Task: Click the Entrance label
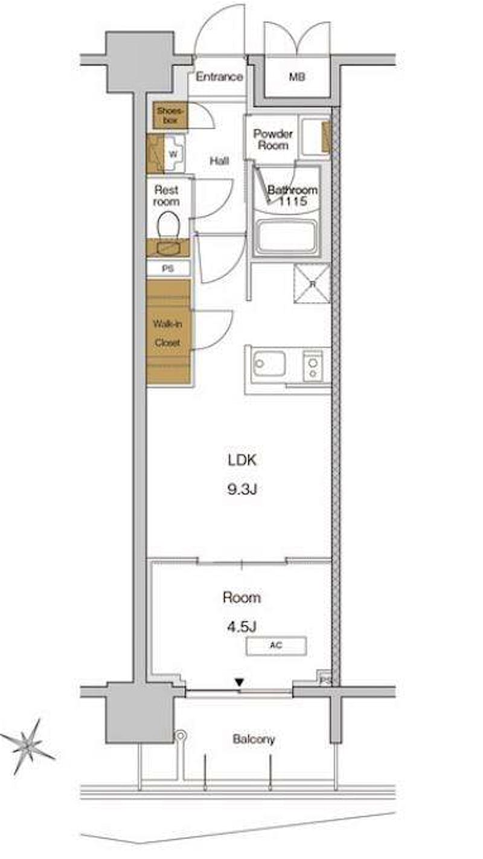pos(219,77)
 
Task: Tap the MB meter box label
pos(297,77)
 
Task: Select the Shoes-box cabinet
pos(170,115)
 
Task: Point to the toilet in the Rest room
pos(168,225)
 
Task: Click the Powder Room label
pos(273,140)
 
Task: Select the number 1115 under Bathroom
pos(292,201)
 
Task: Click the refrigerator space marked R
pos(312,283)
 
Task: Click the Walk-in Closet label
pos(167,333)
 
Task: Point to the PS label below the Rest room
pos(168,269)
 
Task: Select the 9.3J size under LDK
pos(242,489)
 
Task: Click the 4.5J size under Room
pos(241,627)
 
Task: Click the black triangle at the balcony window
pos(240,683)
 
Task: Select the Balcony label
pos(254,739)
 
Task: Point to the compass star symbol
pos(28,745)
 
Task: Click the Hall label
pos(219,161)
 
